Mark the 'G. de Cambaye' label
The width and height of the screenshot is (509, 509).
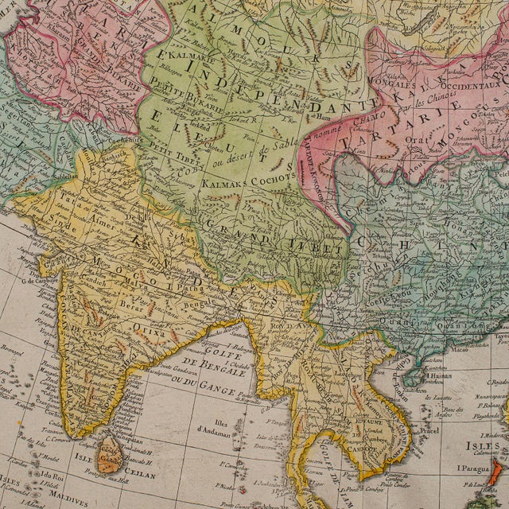(x=37, y=280)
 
